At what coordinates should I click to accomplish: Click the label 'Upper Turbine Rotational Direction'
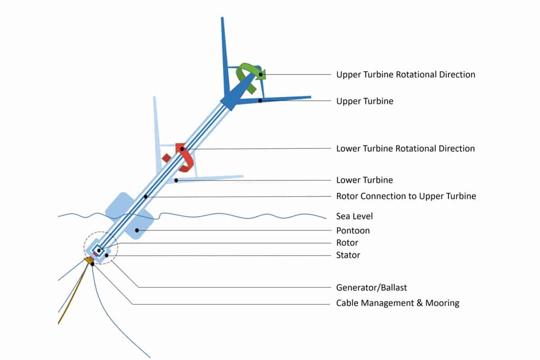[x=406, y=75]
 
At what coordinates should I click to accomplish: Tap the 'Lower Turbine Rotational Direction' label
[x=405, y=148]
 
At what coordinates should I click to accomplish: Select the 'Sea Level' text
[x=355, y=216]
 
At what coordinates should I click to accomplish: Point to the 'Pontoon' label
[x=353, y=230]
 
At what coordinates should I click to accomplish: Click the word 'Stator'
[x=348, y=255]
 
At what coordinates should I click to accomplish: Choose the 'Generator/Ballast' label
[x=372, y=288]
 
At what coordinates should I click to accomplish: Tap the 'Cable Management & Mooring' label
[x=398, y=303]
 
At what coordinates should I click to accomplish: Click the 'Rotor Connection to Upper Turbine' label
[x=406, y=196]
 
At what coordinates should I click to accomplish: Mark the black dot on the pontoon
[x=137, y=230]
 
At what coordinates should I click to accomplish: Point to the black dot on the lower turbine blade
[x=176, y=180]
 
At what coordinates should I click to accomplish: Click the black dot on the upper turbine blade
[x=260, y=100]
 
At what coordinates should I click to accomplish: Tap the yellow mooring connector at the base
[x=89, y=260]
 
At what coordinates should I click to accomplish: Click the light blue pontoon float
[x=130, y=216]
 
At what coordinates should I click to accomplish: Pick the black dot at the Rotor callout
[x=99, y=251]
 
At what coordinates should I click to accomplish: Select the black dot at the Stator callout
[x=107, y=255]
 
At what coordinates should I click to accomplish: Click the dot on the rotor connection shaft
[x=146, y=197]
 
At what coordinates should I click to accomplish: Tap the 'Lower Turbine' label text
[x=364, y=180]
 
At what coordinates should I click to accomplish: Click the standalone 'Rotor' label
[x=347, y=243]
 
